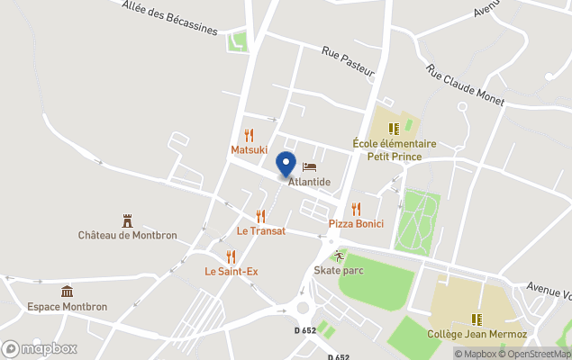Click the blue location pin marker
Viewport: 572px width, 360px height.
[x=286, y=165]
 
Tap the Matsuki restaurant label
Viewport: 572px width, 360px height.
[x=250, y=149]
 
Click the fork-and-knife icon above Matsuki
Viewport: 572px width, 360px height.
[x=250, y=135]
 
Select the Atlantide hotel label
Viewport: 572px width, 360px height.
[x=309, y=182]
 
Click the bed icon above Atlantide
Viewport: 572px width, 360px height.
[x=310, y=167]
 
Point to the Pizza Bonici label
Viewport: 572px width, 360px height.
[x=356, y=223]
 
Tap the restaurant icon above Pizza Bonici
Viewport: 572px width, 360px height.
[x=356, y=209]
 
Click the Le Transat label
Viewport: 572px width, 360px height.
[x=260, y=230]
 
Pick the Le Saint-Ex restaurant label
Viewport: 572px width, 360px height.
[x=231, y=271]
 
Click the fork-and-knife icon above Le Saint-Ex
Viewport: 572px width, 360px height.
[x=231, y=256]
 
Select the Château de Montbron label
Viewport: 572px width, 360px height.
[x=127, y=236]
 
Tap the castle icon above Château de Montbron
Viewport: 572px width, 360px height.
[x=127, y=220]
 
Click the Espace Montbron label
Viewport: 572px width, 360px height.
[x=68, y=306]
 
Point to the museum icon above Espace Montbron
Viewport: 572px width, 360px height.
[x=67, y=292]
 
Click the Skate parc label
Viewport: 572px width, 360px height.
[x=339, y=270]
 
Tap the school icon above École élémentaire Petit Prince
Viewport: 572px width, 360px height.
[x=394, y=129]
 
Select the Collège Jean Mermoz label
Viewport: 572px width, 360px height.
[x=477, y=335]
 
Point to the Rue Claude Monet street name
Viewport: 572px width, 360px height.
[x=465, y=85]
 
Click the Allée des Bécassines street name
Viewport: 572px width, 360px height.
[x=169, y=15]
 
